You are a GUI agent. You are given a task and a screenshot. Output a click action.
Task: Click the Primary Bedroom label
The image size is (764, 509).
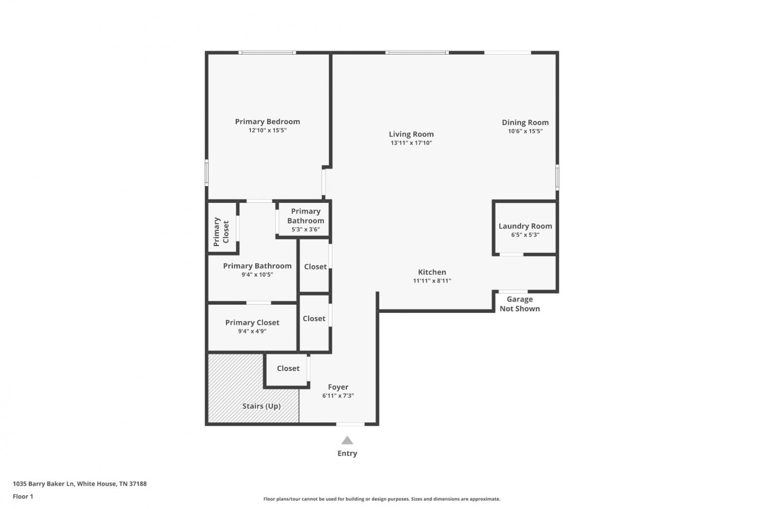267,122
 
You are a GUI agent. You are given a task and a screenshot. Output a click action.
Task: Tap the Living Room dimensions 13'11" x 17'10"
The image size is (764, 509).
412,143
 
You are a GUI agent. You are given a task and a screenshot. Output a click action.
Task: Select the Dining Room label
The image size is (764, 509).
525,122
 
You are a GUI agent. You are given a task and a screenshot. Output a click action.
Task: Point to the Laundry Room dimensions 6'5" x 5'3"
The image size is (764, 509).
525,235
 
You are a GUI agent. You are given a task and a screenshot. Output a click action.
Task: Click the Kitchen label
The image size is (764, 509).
432,272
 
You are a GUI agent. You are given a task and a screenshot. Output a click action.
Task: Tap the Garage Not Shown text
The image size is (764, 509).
520,304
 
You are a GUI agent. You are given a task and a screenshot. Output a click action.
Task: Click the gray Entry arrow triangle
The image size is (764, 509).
347,440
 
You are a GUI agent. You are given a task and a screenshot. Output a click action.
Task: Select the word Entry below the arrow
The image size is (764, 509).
347,453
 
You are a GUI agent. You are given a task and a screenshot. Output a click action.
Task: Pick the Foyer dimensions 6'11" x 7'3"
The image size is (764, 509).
338,396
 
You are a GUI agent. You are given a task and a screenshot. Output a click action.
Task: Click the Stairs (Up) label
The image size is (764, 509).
262,406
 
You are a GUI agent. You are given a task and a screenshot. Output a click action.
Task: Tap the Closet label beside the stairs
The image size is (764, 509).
288,368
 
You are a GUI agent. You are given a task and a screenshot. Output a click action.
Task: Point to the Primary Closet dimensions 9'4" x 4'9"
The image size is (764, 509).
252,331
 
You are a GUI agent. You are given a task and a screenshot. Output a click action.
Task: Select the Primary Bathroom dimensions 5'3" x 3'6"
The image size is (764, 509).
306,230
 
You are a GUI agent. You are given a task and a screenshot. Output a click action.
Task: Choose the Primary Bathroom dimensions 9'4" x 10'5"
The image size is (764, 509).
257,275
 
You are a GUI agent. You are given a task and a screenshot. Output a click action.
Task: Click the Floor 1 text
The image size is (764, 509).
23,496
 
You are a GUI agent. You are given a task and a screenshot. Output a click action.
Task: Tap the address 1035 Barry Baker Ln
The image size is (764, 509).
43,484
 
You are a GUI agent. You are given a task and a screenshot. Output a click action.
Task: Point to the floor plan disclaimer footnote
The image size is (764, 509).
381,499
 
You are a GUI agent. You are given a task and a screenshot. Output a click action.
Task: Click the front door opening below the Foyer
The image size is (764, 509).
350,424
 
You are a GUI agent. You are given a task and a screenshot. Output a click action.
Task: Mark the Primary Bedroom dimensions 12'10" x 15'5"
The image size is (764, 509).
267,130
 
